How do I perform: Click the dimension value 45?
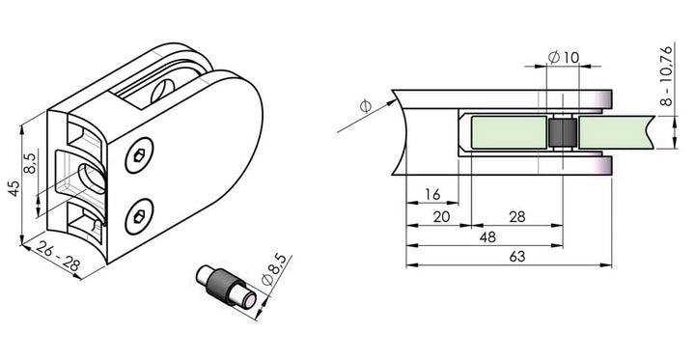coord(14,189)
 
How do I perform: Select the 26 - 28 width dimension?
coord(58,257)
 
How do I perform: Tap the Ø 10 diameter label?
coord(564,57)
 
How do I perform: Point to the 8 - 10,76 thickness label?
coord(666,76)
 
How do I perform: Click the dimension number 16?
coord(432,194)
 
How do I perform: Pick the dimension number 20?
coord(441,217)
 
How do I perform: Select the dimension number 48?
coord(487,237)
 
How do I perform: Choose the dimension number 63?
coord(517,257)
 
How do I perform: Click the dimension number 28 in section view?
coord(517,217)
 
